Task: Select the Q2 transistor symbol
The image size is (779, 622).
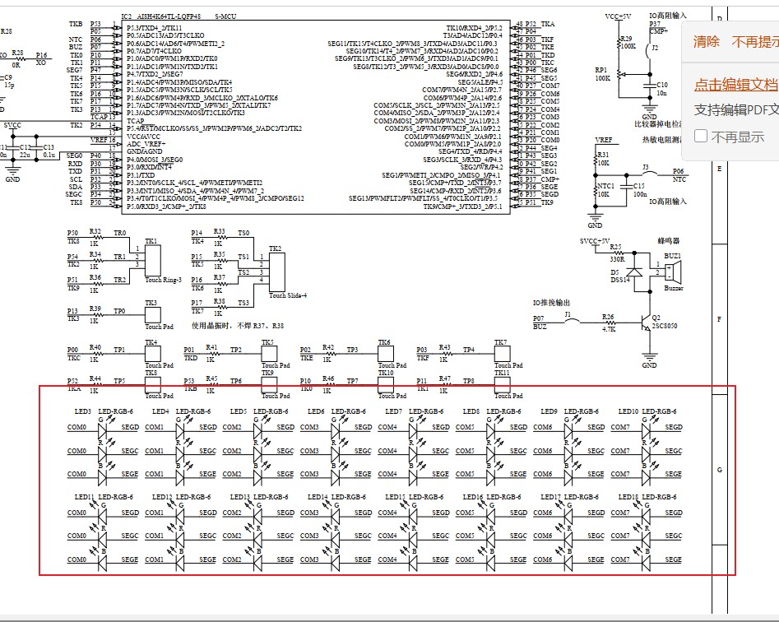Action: coord(645,327)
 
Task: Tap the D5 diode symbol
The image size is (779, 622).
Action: coord(633,272)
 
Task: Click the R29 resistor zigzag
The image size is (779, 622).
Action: coord(619,48)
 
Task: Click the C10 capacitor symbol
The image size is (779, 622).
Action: coord(651,84)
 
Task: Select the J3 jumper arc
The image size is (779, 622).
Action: coord(647,174)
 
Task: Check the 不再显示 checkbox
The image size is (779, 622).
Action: coord(701,136)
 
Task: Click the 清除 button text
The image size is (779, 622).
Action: coord(706,41)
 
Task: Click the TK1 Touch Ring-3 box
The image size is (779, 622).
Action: coord(152,262)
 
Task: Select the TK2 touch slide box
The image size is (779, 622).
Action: coord(276,271)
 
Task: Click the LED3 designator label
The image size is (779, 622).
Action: coord(82,411)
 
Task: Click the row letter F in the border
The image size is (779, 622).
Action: coord(720,318)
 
